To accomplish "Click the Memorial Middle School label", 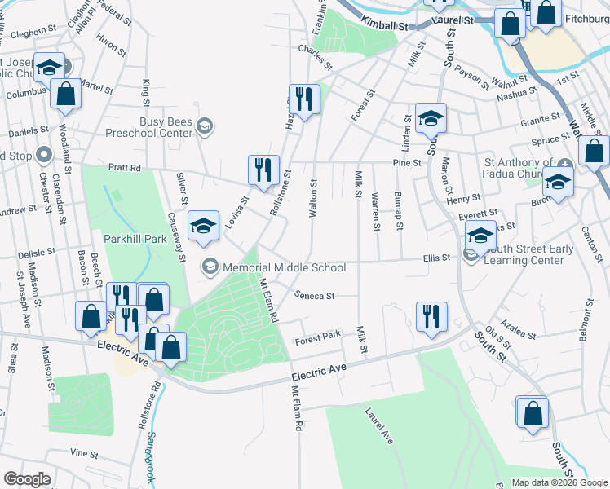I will (285, 267).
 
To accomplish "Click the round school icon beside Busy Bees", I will (205, 125).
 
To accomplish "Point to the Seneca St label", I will (315, 296).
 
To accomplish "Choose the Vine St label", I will (84, 452).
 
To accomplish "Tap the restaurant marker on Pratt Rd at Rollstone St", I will (263, 170).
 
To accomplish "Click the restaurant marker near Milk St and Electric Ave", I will (431, 316).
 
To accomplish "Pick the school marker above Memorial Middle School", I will (203, 226).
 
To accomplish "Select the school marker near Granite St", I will (430, 118).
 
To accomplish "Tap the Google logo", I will (27, 479).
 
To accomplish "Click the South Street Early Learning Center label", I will (524, 254).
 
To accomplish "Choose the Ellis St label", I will (436, 258).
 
